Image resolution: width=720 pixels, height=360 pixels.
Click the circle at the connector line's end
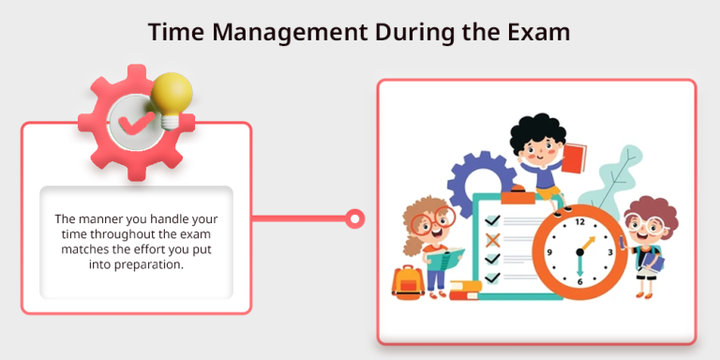354,219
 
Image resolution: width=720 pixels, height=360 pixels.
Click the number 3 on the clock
610,252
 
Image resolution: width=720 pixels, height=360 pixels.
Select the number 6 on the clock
579,282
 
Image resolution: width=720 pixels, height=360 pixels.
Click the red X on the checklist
491,240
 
